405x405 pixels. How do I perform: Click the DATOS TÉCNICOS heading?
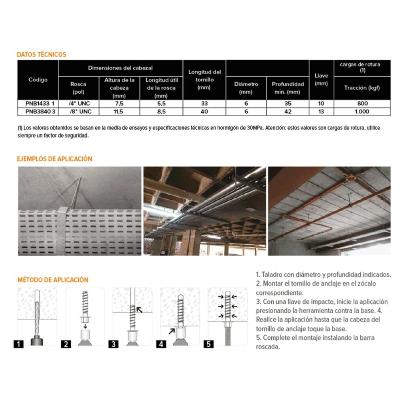[x=42, y=55]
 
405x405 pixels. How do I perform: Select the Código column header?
[x=38, y=79]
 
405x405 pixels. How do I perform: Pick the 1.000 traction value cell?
[x=362, y=112]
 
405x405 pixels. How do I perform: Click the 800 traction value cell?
[x=362, y=104]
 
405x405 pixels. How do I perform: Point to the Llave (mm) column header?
[x=321, y=79]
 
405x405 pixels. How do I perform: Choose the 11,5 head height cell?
[x=119, y=112]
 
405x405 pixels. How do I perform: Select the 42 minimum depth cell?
[x=288, y=112]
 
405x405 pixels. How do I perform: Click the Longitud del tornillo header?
[x=204, y=79]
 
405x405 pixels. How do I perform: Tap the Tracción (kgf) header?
[x=362, y=88]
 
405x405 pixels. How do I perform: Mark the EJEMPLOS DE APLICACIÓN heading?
[x=55, y=159]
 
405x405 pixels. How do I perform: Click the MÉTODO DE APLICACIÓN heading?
[x=53, y=280]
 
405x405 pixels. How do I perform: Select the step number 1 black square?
[x=18, y=344]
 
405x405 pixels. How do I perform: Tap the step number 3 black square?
[x=114, y=344]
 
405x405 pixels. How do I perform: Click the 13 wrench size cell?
[x=321, y=112]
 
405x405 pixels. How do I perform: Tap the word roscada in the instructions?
[x=269, y=346]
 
